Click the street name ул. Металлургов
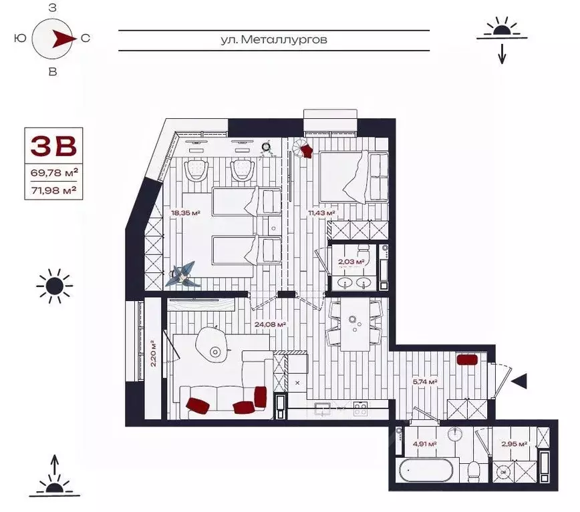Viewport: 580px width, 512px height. coord(274,40)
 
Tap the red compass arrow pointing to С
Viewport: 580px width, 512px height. coord(63,38)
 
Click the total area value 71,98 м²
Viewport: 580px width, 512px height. coord(55,189)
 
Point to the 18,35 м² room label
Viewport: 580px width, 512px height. coord(186,214)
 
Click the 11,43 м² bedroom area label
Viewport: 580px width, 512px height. coord(321,214)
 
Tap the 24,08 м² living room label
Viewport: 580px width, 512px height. coord(270,325)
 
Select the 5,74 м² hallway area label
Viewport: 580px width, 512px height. coord(424,382)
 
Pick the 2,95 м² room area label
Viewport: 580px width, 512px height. coord(514,444)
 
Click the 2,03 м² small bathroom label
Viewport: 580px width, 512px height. coord(351,262)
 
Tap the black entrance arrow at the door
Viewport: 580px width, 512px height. coord(519,381)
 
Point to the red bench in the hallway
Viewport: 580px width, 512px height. coord(466,360)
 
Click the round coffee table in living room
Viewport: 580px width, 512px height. coord(215,352)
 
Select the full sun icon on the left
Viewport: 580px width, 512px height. coord(53,286)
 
